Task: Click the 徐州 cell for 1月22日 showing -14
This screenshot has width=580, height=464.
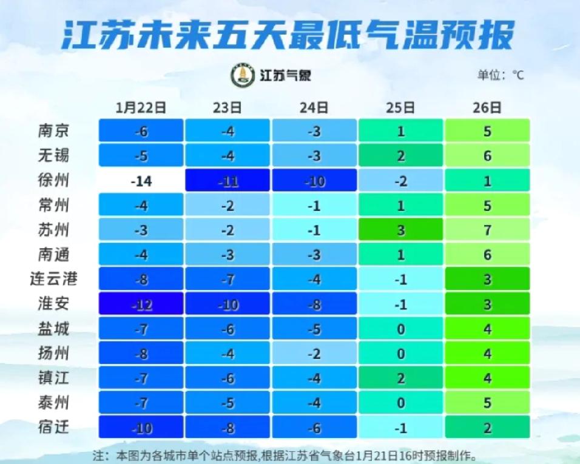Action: pyautogui.click(x=141, y=181)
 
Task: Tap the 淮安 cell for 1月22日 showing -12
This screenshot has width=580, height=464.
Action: pyautogui.click(x=141, y=304)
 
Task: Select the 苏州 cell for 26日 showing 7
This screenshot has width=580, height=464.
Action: pyautogui.click(x=487, y=230)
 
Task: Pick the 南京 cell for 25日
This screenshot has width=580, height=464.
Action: pyautogui.click(x=400, y=131)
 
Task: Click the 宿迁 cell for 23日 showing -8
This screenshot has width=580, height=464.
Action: pyautogui.click(x=228, y=427)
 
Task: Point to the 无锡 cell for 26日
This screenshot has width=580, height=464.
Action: pyautogui.click(x=487, y=156)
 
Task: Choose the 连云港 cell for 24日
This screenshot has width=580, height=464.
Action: pyautogui.click(x=314, y=280)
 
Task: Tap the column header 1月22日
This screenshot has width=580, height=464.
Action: pyautogui.click(x=141, y=108)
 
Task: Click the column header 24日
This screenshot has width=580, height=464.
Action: pyautogui.click(x=314, y=108)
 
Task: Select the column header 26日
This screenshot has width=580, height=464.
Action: pyautogui.click(x=487, y=108)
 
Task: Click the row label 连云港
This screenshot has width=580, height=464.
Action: pyautogui.click(x=54, y=280)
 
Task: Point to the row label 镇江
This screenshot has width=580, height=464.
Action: pyautogui.click(x=54, y=378)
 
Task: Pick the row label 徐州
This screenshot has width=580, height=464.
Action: pyautogui.click(x=54, y=181)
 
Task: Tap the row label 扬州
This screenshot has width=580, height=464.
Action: pyautogui.click(x=54, y=354)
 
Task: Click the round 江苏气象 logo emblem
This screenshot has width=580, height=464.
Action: pyautogui.click(x=242, y=75)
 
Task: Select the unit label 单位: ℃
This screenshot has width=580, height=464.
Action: pyautogui.click(x=500, y=75)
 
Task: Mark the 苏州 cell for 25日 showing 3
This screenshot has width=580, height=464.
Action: pyautogui.click(x=400, y=230)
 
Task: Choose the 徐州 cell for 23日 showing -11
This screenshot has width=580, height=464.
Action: pyautogui.click(x=228, y=181)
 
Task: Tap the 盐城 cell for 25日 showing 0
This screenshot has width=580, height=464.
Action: pyautogui.click(x=400, y=329)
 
